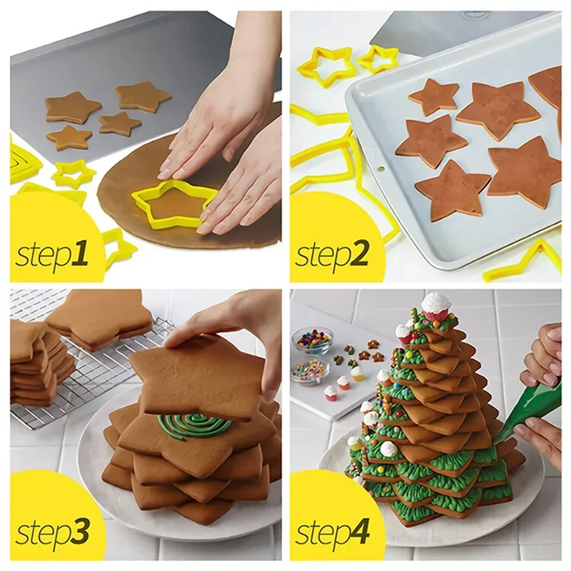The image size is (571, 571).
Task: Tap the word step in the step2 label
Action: pyautogui.click(x=321, y=254)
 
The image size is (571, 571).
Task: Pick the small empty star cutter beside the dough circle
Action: pyautogui.click(x=73, y=172)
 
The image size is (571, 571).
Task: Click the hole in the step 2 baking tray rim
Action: pyautogui.click(x=380, y=171)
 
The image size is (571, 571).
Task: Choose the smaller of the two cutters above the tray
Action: pyautogui.click(x=378, y=59)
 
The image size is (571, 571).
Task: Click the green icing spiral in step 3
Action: pyautogui.click(x=194, y=426)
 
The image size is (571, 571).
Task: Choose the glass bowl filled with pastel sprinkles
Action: pyautogui.click(x=309, y=370)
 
